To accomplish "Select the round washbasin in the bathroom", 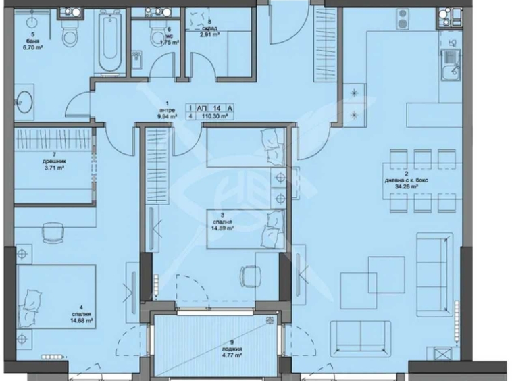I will point(25,101).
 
